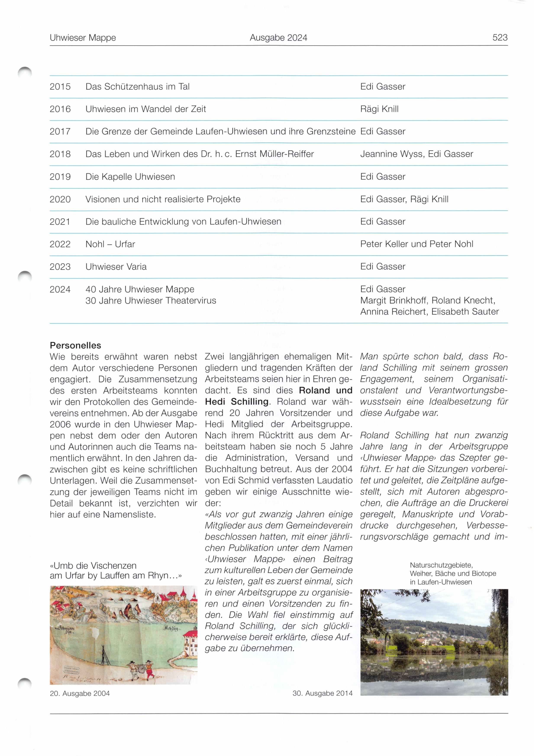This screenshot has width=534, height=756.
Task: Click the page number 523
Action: pos(500,37)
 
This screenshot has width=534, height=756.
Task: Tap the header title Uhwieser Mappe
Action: pos(83,38)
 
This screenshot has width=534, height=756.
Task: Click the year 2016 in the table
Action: pos(60,109)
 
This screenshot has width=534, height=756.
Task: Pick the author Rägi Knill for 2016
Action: pos(379,109)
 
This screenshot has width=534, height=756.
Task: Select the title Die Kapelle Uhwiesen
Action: pos(130,177)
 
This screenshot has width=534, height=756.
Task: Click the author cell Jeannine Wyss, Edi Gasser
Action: pos(416,154)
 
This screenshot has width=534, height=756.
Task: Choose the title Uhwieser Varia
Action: pos(116,267)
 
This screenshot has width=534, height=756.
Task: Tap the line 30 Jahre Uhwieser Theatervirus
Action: pos(151,301)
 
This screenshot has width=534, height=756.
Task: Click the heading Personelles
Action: pos(75,345)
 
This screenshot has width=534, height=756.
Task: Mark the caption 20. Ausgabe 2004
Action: pos(80,693)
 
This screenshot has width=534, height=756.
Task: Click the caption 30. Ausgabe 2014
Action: pos(322,693)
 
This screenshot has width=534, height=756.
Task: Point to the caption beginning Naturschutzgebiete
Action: pos(453,573)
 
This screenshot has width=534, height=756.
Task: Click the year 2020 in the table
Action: pos(60,199)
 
